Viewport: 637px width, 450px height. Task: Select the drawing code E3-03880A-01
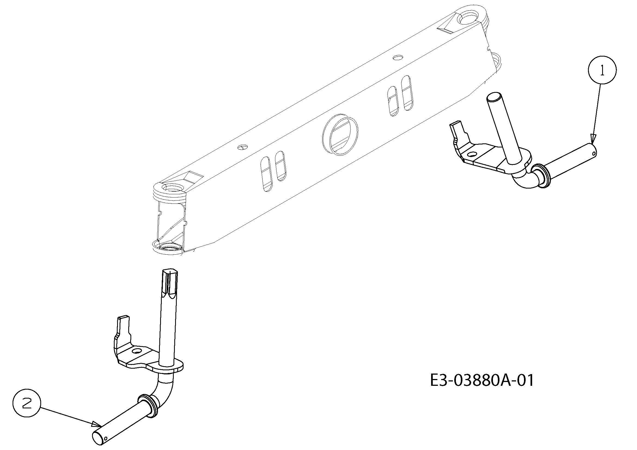tap(482, 380)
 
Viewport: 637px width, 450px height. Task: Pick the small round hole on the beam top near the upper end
tap(399, 57)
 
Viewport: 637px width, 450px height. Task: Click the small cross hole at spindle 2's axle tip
tap(106, 438)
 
